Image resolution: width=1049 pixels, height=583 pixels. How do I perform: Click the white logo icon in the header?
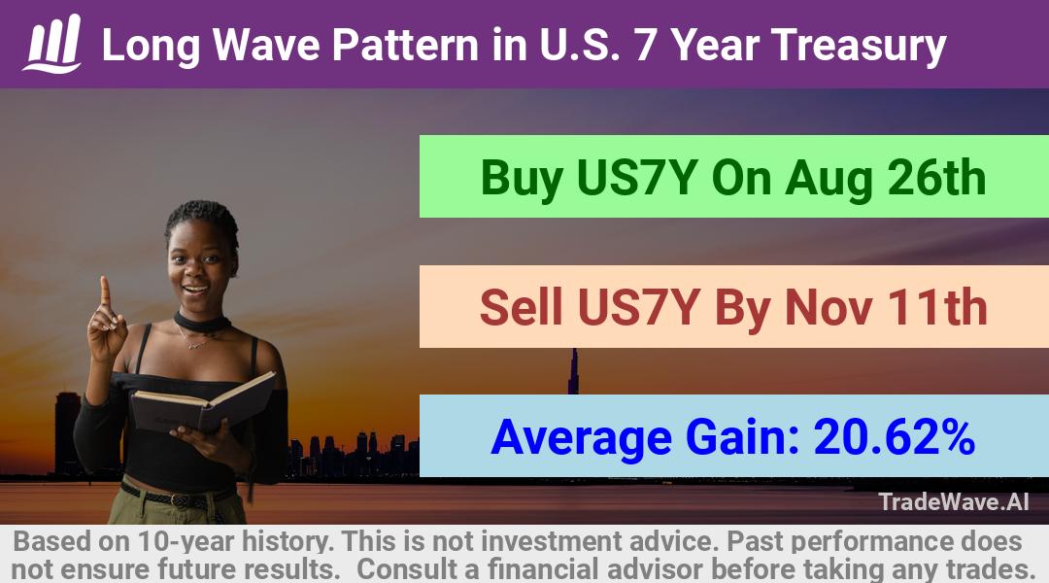(52, 44)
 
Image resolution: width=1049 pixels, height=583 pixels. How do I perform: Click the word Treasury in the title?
(859, 47)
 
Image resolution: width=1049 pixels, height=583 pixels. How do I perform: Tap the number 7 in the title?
(646, 46)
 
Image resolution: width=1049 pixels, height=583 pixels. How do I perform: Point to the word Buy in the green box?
(522, 179)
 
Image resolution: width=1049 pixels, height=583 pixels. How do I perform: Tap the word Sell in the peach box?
(522, 307)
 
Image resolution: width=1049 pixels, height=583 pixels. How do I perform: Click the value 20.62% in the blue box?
(894, 437)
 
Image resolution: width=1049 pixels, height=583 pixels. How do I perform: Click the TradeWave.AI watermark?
(954, 501)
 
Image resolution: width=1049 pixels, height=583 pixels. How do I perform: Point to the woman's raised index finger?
(105, 291)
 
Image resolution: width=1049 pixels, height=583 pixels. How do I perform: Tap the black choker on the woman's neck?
(202, 323)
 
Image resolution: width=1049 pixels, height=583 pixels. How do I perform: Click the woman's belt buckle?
(176, 499)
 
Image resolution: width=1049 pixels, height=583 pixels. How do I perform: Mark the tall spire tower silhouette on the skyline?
(573, 371)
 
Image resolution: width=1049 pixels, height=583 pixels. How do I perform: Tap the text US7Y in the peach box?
(638, 307)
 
